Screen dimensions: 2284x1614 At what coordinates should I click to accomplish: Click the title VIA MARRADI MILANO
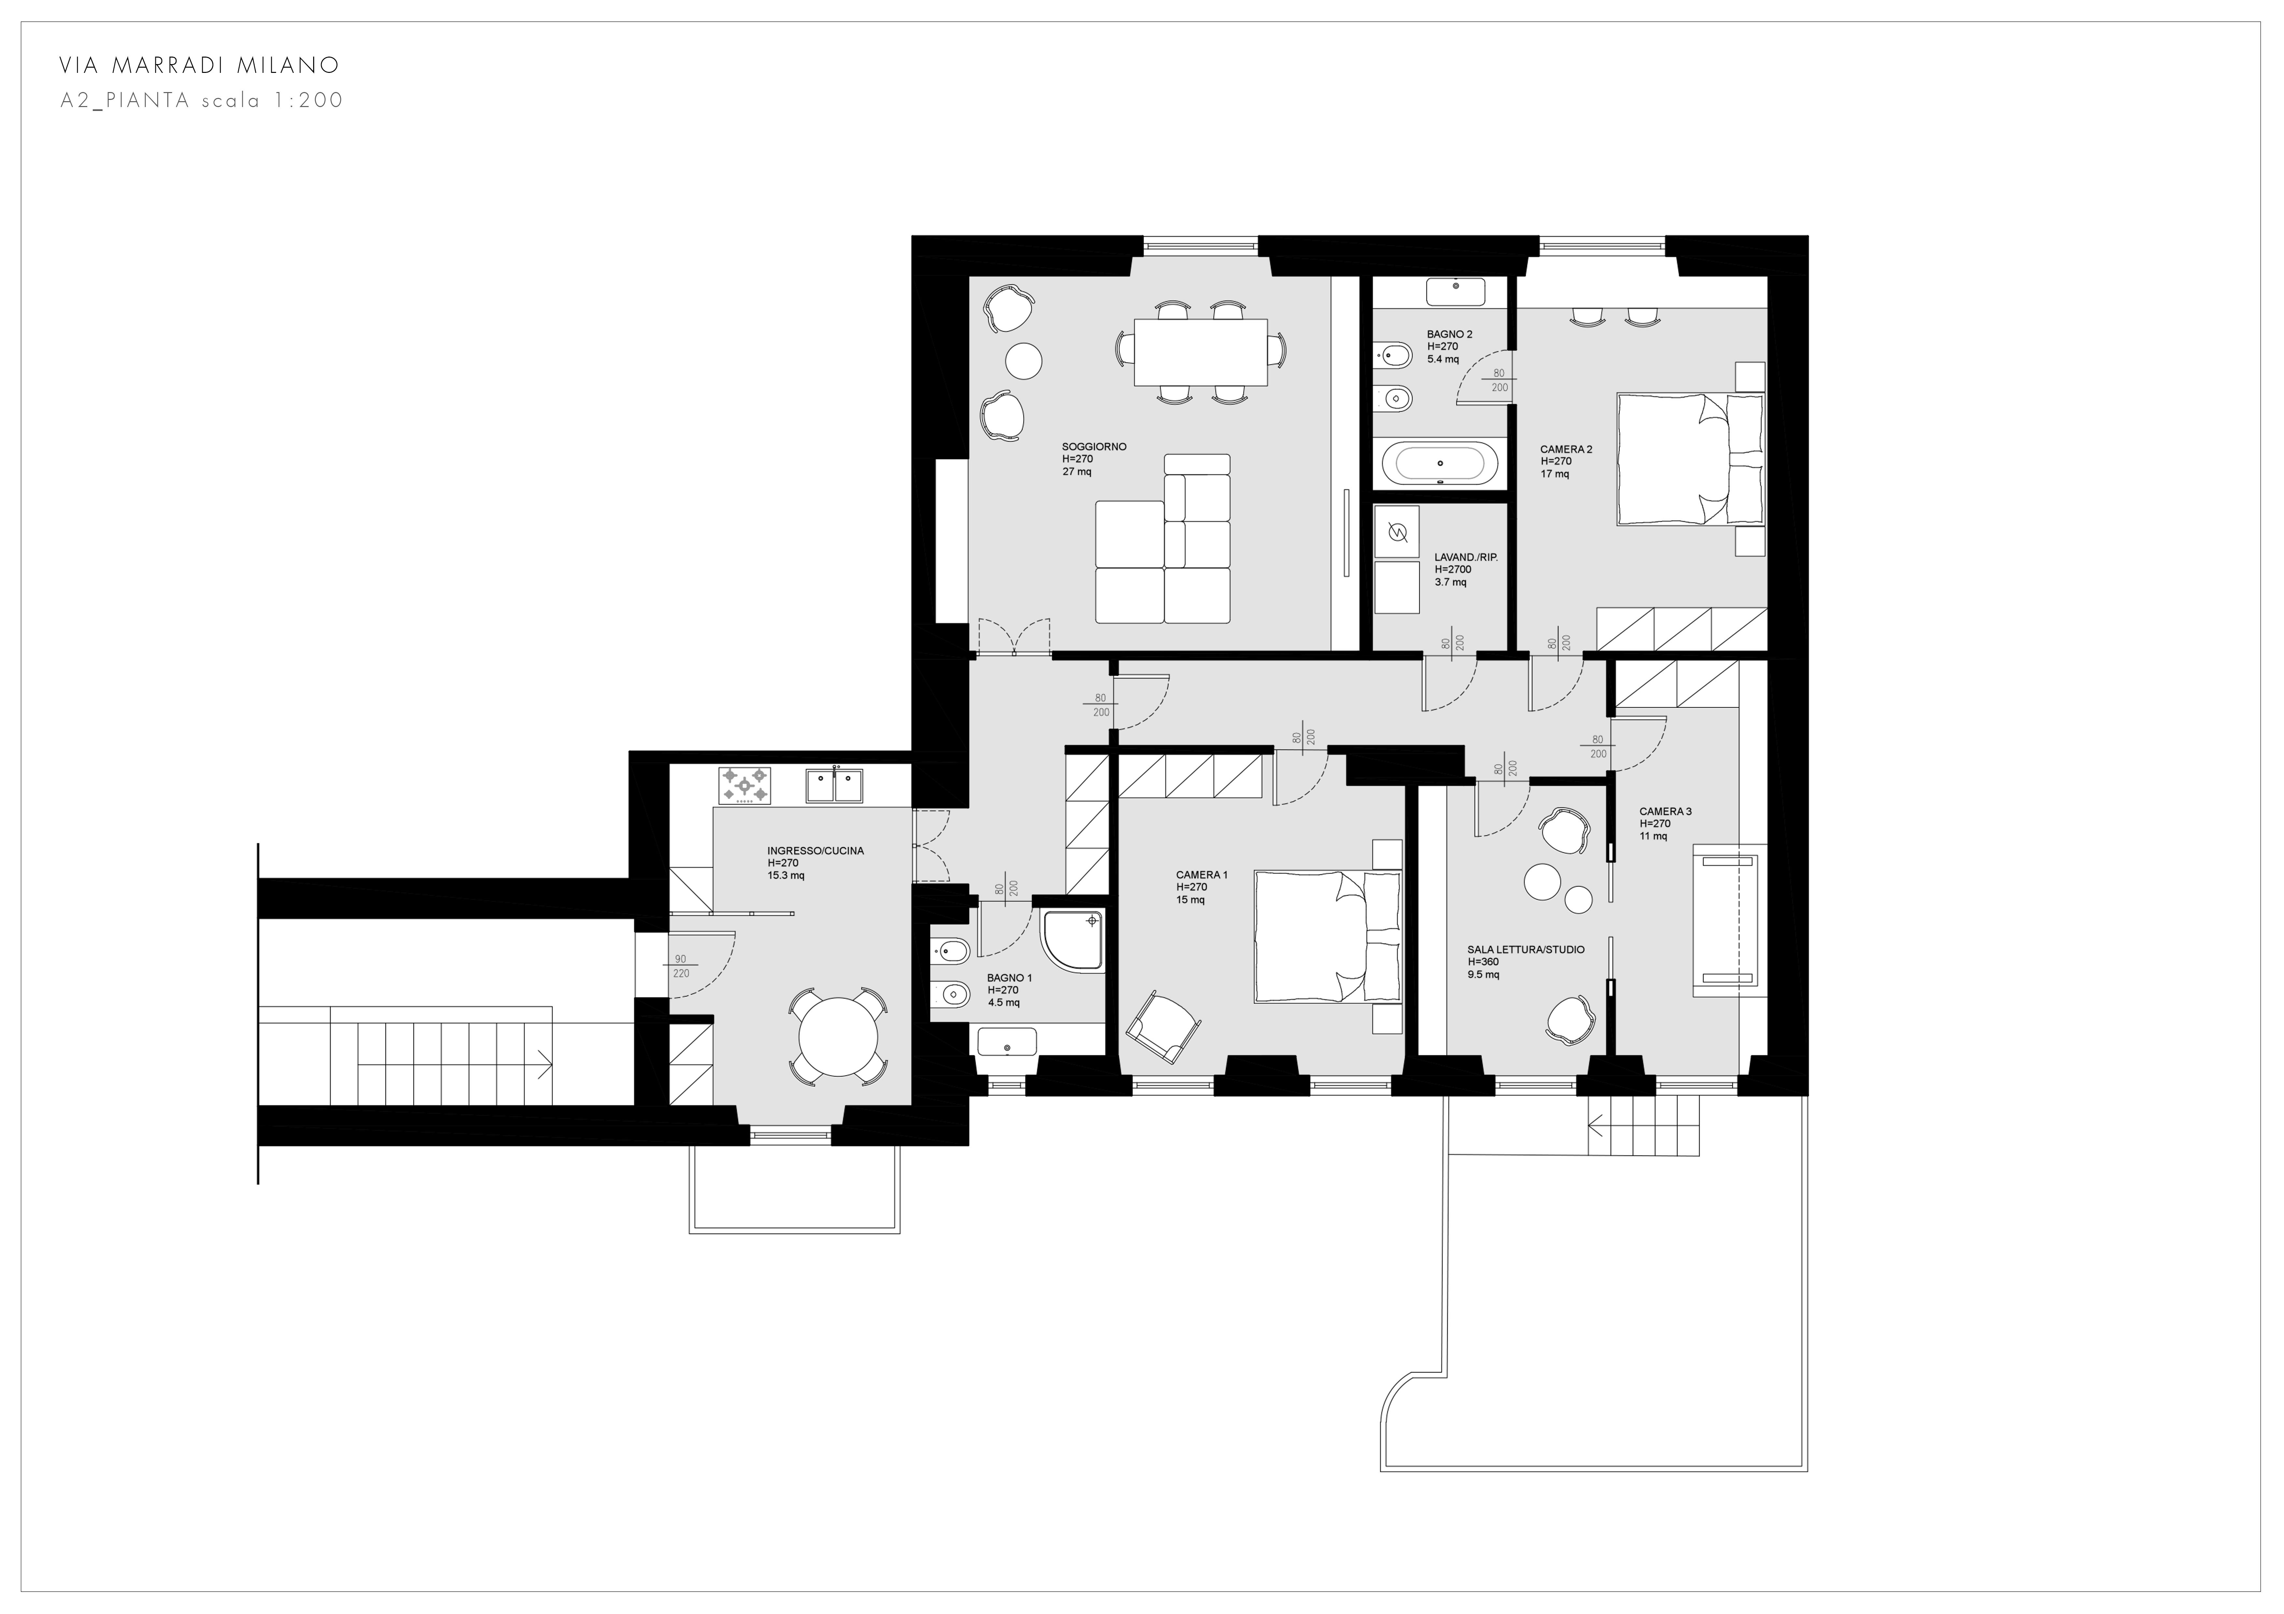pyautogui.click(x=199, y=66)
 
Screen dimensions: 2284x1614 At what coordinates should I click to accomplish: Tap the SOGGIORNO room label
pyautogui.click(x=1094, y=446)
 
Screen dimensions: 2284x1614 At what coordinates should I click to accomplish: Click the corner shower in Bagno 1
pyautogui.click(x=1073, y=940)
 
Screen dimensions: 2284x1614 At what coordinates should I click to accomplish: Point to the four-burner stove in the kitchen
pyautogui.click(x=744, y=784)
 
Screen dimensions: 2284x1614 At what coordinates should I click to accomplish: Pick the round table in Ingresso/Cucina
pyautogui.click(x=840, y=1036)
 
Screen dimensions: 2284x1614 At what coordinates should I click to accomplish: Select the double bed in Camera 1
pyautogui.click(x=1327, y=936)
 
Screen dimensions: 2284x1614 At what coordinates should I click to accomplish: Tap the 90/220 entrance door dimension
pyautogui.click(x=680, y=967)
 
